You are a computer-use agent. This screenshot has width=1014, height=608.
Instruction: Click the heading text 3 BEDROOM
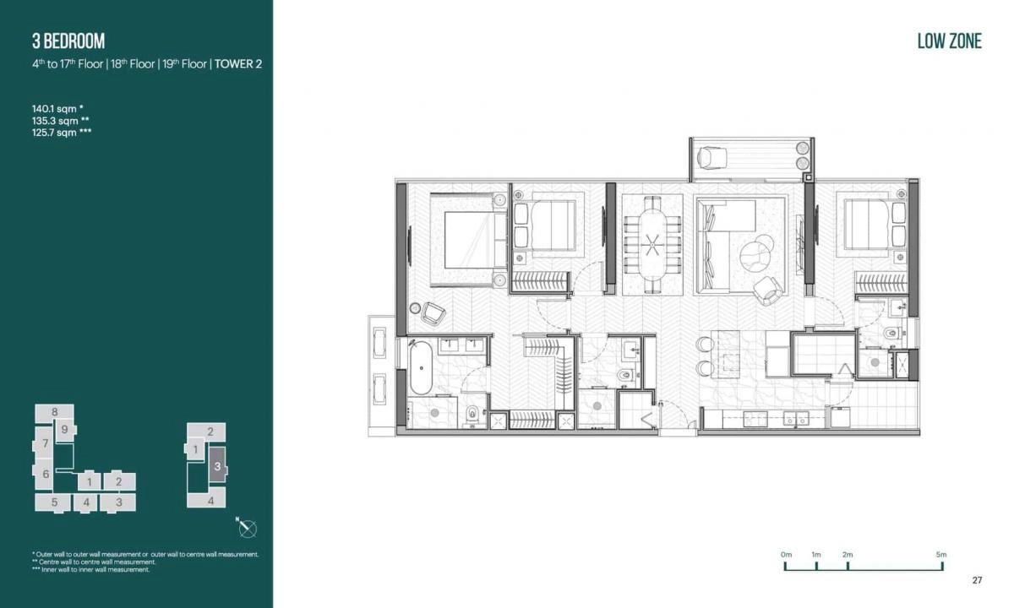[68, 41]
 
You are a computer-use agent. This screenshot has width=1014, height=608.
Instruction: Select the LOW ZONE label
[949, 41]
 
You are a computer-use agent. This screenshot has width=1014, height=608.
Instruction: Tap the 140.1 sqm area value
[57, 108]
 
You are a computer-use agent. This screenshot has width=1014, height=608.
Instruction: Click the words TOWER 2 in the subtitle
[237, 64]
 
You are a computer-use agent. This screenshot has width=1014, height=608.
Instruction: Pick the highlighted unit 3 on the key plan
[217, 466]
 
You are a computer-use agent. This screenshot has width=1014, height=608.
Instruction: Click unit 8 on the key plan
[54, 412]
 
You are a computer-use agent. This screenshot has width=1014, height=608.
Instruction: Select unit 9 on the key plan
[64, 429]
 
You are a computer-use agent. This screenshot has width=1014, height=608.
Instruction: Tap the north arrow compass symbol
[247, 529]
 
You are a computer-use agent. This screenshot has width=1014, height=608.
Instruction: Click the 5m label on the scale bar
[941, 554]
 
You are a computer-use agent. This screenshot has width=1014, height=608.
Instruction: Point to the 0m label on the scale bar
[787, 554]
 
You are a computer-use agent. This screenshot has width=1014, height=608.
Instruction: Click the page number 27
[977, 580]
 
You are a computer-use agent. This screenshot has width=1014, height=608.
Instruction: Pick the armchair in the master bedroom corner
[433, 312]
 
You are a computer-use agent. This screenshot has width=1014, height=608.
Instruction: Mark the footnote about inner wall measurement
[91, 570]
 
